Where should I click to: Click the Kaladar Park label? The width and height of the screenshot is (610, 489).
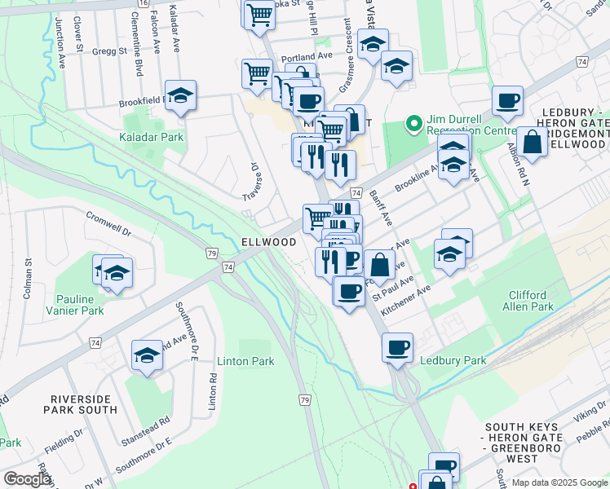152,137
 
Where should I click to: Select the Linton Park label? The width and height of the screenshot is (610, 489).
245,361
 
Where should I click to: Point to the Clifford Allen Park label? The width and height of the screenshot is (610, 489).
519,300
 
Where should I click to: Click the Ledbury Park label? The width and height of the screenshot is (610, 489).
453,360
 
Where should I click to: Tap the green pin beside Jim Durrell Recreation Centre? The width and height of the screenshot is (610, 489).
414,125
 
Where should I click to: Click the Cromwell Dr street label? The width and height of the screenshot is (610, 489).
108,225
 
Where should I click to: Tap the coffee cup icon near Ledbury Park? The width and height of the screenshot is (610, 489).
397,347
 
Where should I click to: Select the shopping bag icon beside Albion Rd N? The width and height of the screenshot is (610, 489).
532,142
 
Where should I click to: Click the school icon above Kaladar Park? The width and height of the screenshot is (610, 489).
180,95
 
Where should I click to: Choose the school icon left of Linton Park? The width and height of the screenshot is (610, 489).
147,355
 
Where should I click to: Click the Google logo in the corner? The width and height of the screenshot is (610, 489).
27,479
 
